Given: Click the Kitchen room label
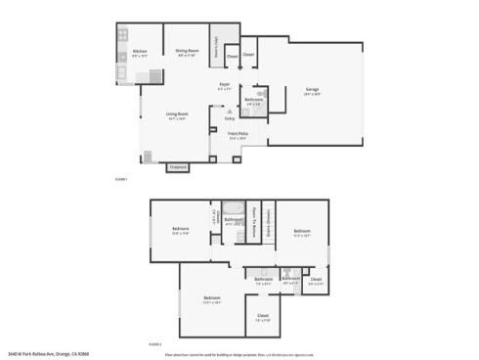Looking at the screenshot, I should coord(139,51).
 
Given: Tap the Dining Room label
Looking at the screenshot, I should coord(187,51).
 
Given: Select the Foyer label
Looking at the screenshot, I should coord(224,86).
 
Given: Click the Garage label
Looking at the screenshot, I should coord(312,92).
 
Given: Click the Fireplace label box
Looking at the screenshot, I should coord(178,167).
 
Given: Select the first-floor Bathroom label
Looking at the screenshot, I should coord(252,100).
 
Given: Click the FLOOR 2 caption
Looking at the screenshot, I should coord(153,344).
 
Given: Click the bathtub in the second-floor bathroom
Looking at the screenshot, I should coord(234,207).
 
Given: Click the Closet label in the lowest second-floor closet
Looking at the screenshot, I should coord(263,315).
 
